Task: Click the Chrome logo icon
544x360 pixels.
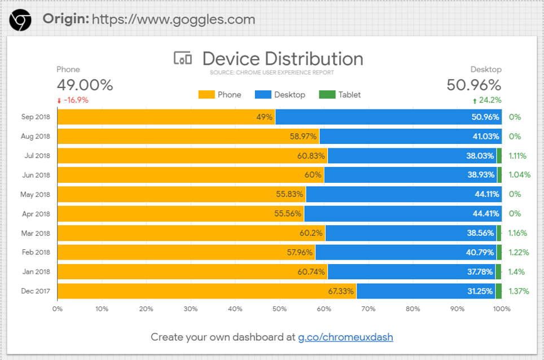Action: click(20, 20)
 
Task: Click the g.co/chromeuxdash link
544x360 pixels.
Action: click(345, 337)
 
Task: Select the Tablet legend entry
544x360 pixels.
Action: click(340, 95)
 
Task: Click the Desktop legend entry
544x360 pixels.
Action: click(280, 95)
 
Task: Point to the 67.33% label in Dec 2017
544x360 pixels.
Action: click(340, 291)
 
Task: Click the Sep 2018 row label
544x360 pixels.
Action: click(36, 117)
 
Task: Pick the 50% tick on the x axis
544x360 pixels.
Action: click(279, 309)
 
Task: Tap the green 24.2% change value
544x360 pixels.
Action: click(488, 100)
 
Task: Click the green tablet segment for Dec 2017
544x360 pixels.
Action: click(498, 291)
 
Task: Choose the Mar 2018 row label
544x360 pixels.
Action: click(36, 233)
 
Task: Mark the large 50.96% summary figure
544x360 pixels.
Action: click(474, 85)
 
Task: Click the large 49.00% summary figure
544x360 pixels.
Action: click(85, 85)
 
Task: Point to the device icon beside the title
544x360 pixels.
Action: click(183, 58)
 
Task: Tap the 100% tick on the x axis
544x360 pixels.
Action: click(502, 309)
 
